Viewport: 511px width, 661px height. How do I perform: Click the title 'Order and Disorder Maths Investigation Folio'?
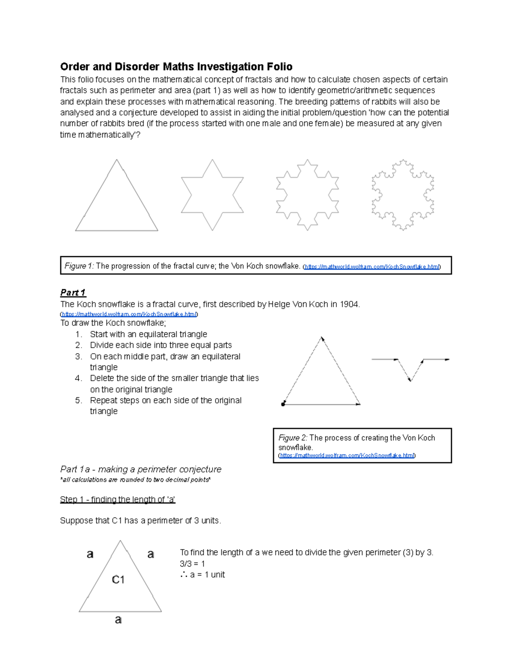(176, 67)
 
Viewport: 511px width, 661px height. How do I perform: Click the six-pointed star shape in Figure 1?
(212, 195)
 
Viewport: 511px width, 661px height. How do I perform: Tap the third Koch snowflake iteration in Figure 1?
(307, 195)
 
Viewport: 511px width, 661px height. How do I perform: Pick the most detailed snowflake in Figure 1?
(403, 195)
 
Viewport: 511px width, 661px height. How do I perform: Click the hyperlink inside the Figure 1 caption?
(371, 267)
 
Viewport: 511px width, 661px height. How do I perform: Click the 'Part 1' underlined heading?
(73, 292)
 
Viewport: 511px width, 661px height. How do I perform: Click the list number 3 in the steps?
(78, 356)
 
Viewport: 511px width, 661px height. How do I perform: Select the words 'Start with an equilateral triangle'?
(148, 334)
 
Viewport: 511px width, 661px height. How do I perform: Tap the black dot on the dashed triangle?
(283, 404)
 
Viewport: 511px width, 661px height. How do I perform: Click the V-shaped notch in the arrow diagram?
(410, 370)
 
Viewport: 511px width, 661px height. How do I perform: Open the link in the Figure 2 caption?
(346, 455)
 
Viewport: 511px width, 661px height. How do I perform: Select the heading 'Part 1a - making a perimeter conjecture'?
(141, 469)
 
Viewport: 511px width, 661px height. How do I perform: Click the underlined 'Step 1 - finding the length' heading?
(118, 500)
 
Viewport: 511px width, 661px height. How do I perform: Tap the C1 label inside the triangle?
(118, 580)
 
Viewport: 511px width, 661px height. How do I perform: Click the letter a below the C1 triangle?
(118, 620)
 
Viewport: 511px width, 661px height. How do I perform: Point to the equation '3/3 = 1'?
(192, 564)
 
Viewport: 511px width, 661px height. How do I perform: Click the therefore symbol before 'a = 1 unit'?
(184, 575)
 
